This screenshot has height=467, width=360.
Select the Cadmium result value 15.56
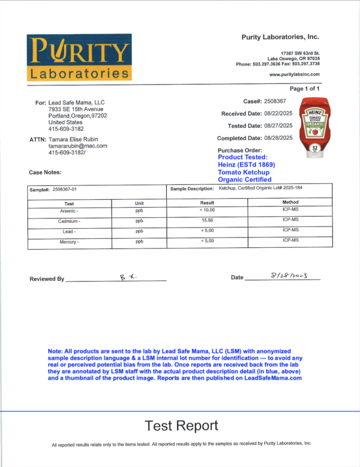(207, 221)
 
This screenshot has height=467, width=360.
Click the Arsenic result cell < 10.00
(207, 210)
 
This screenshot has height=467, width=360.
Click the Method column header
(290, 203)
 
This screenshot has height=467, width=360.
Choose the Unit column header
(140, 203)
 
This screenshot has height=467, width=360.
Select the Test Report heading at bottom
(181, 426)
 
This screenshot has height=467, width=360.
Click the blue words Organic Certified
(244, 179)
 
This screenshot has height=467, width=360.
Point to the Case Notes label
(45, 172)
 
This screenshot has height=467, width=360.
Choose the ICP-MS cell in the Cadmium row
(290, 220)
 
